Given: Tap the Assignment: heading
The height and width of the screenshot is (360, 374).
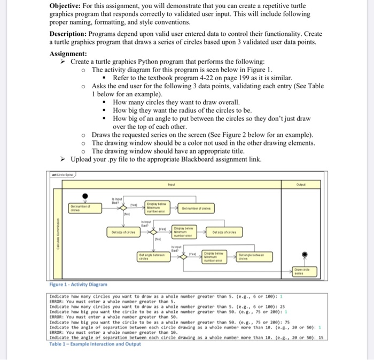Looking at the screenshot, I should point(67,55).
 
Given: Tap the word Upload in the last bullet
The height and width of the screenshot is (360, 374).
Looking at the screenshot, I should point(83,159).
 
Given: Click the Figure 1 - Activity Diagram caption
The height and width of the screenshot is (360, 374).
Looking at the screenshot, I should point(79,285).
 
